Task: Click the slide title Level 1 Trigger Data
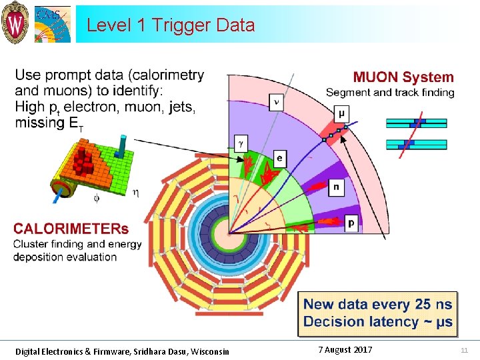171,25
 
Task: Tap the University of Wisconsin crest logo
15,23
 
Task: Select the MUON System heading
403,77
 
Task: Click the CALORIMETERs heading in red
71,229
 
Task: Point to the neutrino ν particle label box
277,101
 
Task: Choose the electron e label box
279,158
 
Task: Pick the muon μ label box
341,113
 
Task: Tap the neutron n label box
336,188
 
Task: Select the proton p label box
351,223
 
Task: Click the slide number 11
465,351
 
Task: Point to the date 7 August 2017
345,350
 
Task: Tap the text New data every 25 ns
377,305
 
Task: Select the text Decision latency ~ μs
377,321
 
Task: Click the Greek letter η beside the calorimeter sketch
136,193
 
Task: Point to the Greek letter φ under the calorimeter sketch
95,199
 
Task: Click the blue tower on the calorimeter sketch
122,145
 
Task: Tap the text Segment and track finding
390,93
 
